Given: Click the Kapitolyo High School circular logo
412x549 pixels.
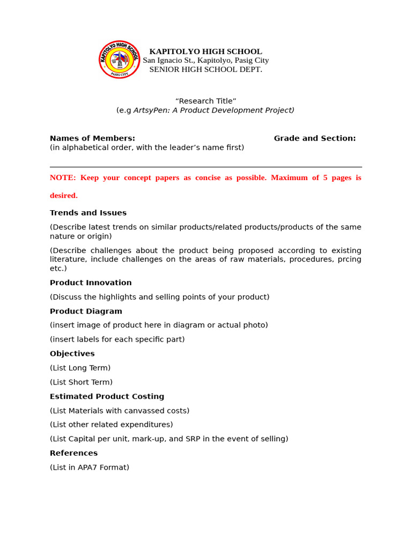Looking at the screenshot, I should pos(119,60).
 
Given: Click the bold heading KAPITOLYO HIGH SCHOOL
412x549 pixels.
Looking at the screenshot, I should pos(205,51).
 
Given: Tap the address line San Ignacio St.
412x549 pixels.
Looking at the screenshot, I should pos(205,61).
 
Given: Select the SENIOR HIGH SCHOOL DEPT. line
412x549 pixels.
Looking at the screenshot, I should pos(205,70).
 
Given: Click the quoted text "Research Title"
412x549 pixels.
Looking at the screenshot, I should pos(205,101).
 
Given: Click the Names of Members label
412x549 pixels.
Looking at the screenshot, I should pos(92,138).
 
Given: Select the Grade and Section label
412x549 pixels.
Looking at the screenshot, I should pos(314,138).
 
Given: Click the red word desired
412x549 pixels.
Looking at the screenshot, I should pos(64,196).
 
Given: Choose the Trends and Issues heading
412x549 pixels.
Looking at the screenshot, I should pos(88,213).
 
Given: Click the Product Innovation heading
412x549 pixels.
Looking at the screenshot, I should pos(91,283).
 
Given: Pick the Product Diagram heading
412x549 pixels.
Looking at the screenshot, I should pos(86,311).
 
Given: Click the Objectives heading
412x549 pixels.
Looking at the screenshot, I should pos(72,354).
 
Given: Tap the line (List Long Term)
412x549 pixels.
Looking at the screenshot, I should pos(80,368).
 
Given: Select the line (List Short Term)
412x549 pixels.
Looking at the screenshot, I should pos(81,382).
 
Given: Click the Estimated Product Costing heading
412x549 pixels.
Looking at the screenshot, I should pos(107,397).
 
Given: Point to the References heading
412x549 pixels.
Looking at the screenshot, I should pos(73,453).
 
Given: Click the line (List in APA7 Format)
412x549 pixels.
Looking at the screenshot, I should pos(90,468).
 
